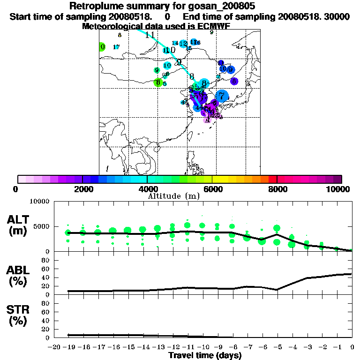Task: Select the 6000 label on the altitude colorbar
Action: coord(212,189)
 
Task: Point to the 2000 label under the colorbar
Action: coord(82,189)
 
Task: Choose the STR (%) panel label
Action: coord(19,315)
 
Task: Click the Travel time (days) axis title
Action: coord(205,356)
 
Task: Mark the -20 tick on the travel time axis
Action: coord(54,347)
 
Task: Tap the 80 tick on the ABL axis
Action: coord(46,260)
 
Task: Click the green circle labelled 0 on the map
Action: coord(102,46)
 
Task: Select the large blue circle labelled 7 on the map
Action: coord(221,96)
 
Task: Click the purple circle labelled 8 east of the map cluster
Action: coord(234,81)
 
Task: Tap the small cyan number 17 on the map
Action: coord(116,47)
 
